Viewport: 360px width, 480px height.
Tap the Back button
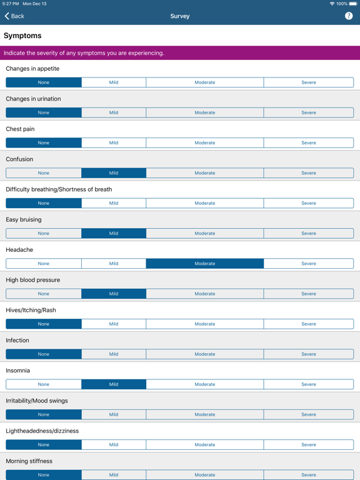click(x=14, y=16)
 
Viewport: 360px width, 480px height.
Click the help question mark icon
click(x=349, y=16)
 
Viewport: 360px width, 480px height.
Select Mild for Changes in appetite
click(x=114, y=82)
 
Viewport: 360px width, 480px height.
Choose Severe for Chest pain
click(x=309, y=142)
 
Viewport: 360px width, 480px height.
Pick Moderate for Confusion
click(x=204, y=173)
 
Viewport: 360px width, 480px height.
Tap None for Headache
click(x=44, y=264)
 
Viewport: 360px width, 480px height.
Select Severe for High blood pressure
click(x=309, y=294)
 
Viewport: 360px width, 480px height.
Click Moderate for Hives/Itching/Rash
click(x=204, y=324)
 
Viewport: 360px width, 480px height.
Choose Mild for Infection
click(x=114, y=354)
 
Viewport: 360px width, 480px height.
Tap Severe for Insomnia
click(x=309, y=384)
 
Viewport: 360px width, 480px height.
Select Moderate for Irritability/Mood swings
click(x=204, y=414)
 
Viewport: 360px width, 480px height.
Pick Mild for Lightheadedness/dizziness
click(x=114, y=444)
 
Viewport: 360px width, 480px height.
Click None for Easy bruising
click(x=44, y=233)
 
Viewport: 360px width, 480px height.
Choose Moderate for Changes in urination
click(x=204, y=112)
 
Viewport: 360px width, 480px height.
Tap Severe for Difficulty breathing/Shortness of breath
click(x=309, y=203)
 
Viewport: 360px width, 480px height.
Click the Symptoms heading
click(x=22, y=36)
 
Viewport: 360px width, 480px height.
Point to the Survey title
click(x=180, y=16)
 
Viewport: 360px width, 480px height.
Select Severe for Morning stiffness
click(x=309, y=475)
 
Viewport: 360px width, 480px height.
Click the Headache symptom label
click(x=19, y=250)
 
